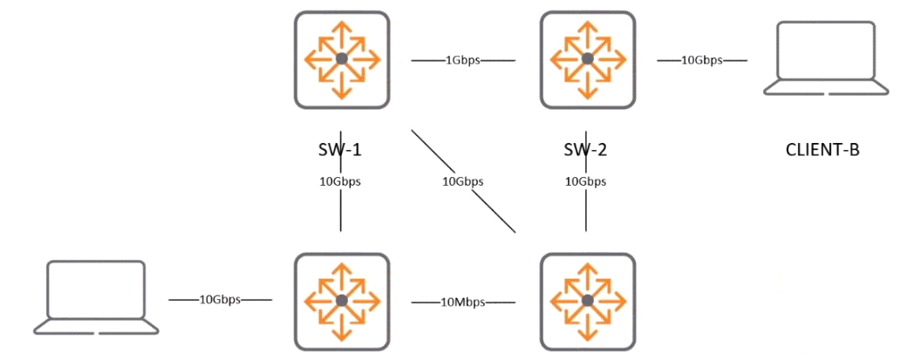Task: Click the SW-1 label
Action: point(341,149)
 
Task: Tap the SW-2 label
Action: point(586,149)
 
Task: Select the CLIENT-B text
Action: point(823,150)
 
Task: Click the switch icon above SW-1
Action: point(342,59)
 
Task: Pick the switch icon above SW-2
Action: point(588,59)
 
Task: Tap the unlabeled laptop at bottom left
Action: point(96,297)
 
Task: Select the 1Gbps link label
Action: point(463,59)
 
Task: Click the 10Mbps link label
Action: point(463,302)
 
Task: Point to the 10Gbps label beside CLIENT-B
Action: point(702,59)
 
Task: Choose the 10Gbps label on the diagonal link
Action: point(463,181)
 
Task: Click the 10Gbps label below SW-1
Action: point(340,181)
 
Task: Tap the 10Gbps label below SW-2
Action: point(585,181)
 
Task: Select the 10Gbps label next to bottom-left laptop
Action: point(221,301)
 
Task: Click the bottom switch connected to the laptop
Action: point(342,302)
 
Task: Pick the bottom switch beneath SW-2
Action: point(588,302)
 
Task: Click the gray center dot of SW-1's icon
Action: point(342,58)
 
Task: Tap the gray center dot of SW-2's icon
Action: point(588,58)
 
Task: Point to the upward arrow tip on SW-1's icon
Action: point(342,21)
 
